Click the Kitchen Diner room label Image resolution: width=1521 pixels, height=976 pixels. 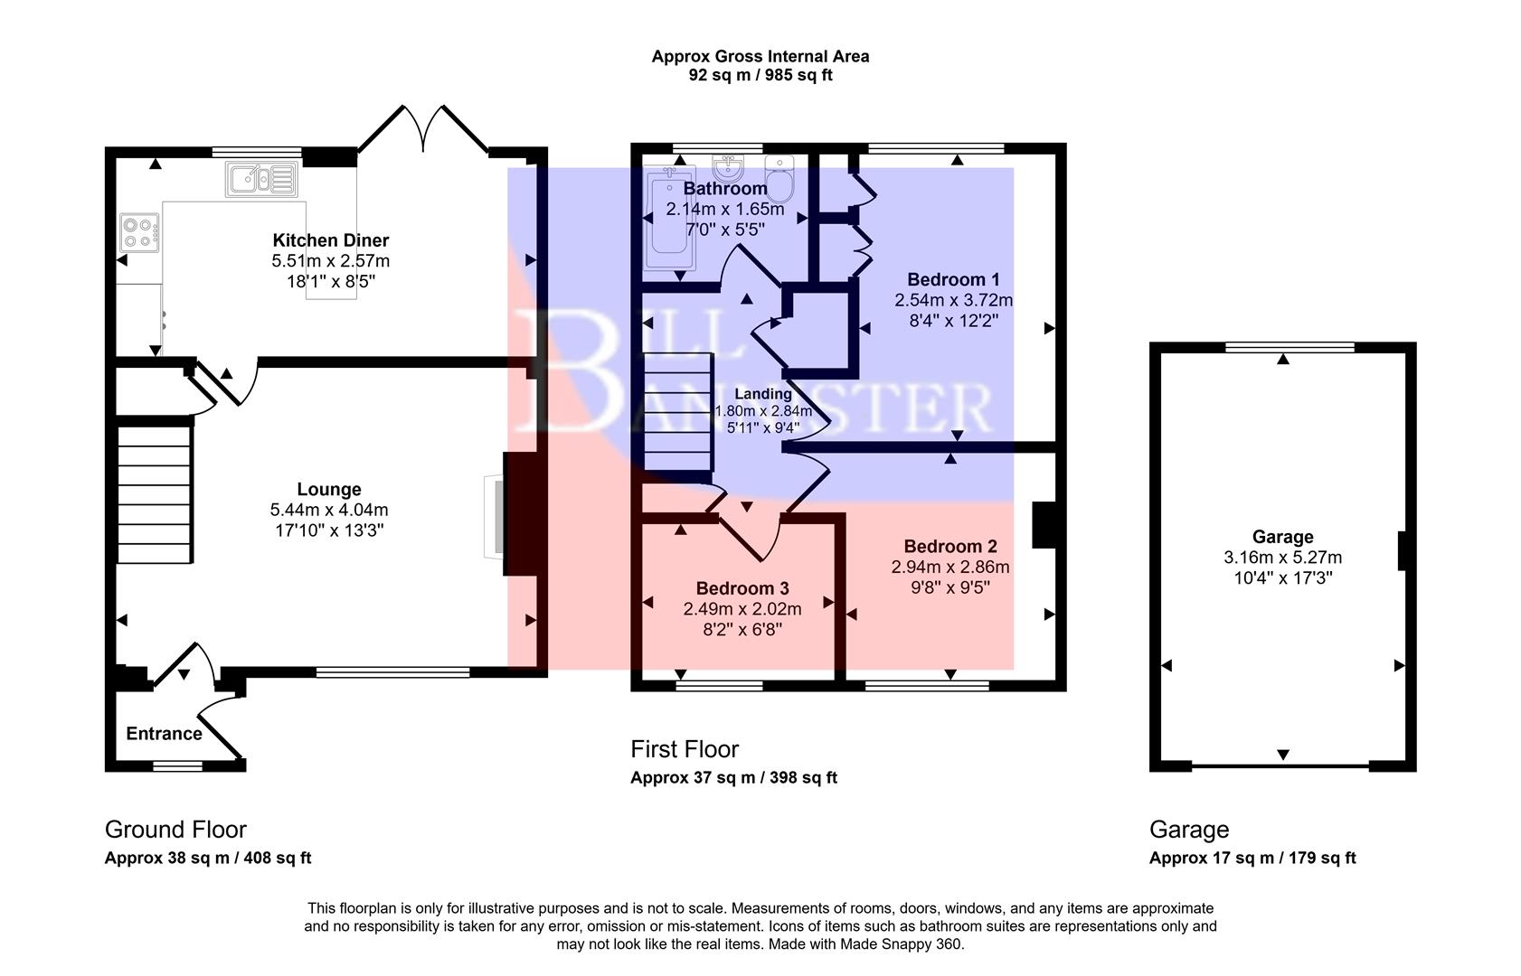coord(330,240)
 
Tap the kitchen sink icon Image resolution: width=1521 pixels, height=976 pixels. coord(260,178)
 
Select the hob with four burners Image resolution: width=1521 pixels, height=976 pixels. coord(139,231)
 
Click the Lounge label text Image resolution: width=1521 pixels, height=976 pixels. coord(329,490)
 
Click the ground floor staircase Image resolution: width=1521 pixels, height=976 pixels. coord(155,494)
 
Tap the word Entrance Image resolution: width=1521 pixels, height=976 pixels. coord(164,734)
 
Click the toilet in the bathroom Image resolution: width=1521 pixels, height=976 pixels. coord(779,177)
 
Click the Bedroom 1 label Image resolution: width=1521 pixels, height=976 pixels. coord(953,279)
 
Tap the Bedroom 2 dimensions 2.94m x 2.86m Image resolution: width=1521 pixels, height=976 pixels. coord(949,568)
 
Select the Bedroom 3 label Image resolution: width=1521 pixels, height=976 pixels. coord(742,589)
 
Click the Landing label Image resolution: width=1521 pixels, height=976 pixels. coord(762,394)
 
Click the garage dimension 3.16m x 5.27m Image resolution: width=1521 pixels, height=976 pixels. coord(1282,558)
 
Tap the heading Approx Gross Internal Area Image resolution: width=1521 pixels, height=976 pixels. coord(760,56)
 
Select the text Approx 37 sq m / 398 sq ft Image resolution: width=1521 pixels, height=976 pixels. coord(733,778)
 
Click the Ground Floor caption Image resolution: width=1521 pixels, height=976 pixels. coord(175,830)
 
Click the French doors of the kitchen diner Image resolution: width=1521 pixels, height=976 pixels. coord(423,131)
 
